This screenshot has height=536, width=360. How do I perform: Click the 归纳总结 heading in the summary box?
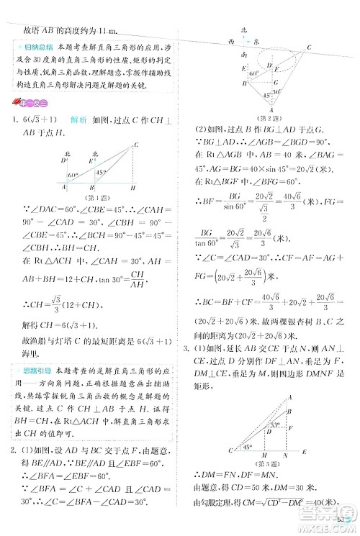point(32,48)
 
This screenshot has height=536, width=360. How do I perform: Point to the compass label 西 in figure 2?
point(230,42)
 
